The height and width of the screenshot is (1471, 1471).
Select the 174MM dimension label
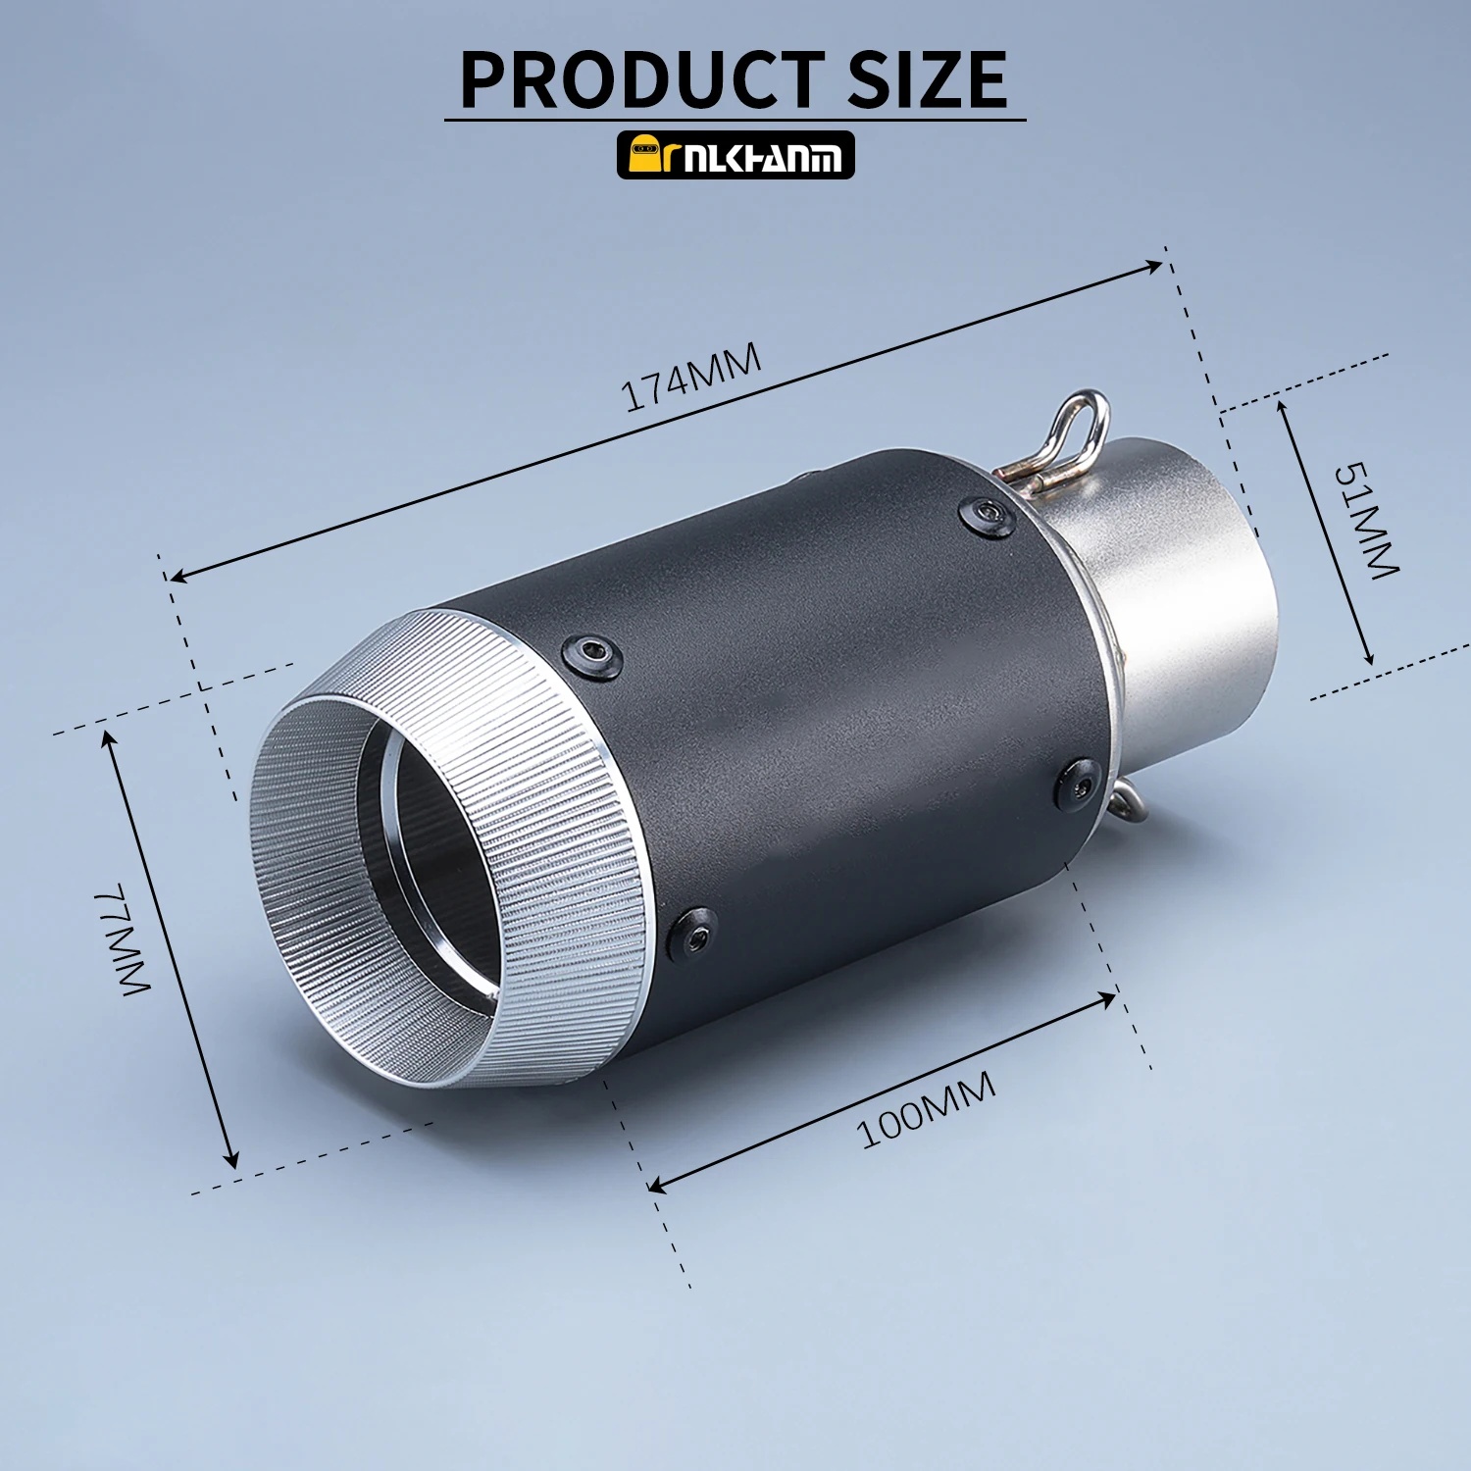(692, 378)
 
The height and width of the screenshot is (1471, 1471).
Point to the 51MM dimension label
(1365, 520)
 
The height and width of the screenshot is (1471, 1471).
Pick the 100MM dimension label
(927, 1109)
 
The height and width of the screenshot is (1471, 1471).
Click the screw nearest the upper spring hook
(987, 517)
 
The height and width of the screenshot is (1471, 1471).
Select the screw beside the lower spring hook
(1081, 783)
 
